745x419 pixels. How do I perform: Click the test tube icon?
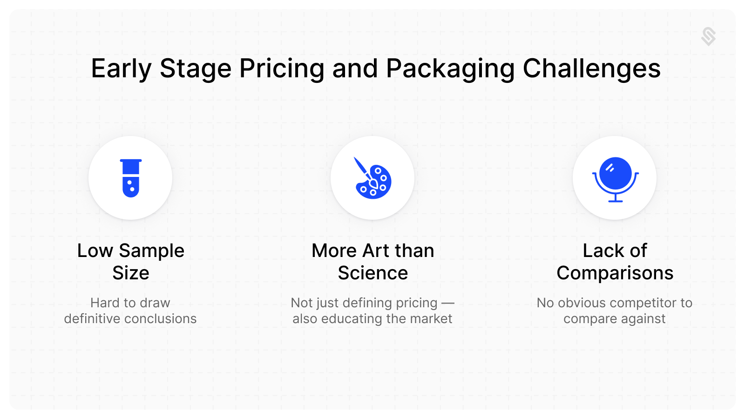130,178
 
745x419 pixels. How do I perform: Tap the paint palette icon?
373,179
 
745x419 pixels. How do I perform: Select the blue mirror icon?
615,179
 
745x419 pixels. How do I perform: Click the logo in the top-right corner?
708,36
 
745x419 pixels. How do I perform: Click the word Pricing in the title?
282,69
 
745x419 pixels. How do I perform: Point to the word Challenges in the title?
591,69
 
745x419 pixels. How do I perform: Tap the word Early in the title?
121,69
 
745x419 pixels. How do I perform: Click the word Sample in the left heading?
152,251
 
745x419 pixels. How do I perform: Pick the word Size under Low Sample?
131,273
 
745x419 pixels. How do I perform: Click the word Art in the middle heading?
376,251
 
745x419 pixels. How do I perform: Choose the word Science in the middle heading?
373,273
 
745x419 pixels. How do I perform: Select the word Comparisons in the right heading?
615,273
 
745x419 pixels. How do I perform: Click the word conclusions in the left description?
160,319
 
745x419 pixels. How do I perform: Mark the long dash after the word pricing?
447,303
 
